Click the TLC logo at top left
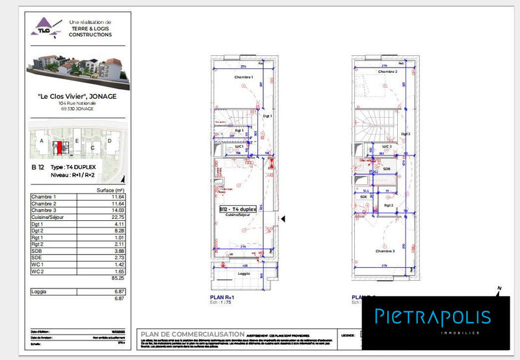44,28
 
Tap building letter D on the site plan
110,140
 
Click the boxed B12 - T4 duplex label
237,209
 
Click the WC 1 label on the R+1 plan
239,147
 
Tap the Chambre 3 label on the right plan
385,251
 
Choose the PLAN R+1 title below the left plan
222,298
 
